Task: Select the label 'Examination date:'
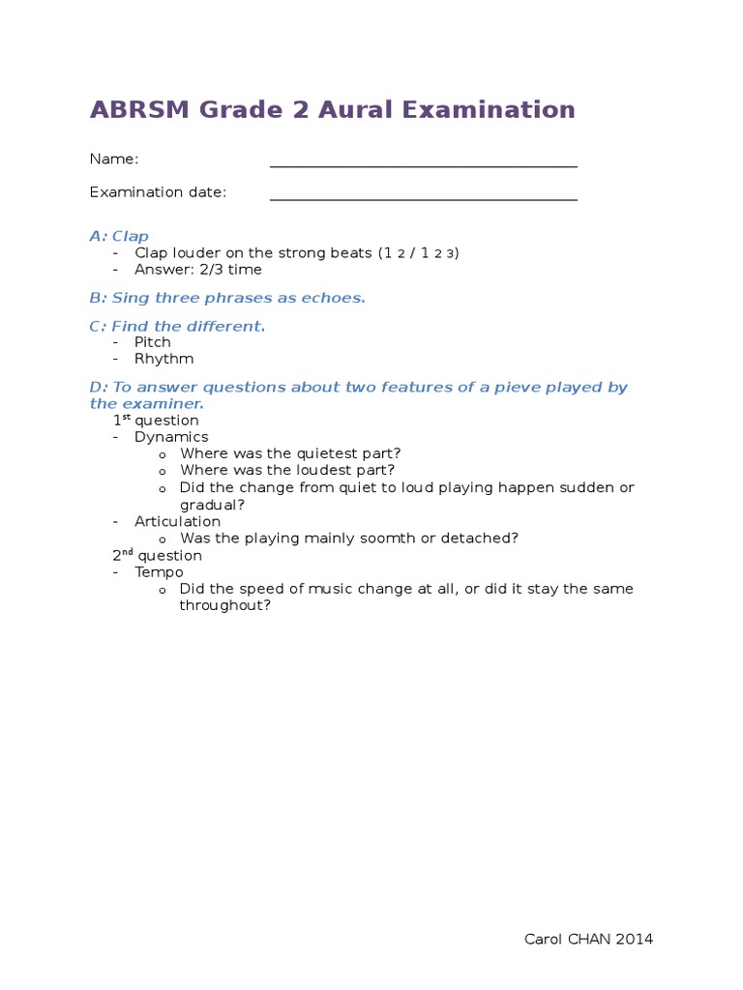click(x=158, y=192)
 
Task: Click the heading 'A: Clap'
click(x=119, y=236)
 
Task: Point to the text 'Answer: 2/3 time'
click(x=198, y=270)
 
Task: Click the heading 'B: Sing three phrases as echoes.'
click(x=227, y=298)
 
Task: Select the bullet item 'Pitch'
click(x=153, y=342)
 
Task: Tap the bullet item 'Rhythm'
click(x=163, y=359)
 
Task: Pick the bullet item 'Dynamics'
click(x=171, y=437)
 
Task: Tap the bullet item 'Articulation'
click(x=177, y=522)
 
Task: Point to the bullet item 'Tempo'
click(x=158, y=572)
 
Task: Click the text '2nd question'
click(x=158, y=556)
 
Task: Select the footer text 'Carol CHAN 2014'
click(x=588, y=939)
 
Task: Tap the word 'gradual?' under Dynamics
click(x=212, y=505)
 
